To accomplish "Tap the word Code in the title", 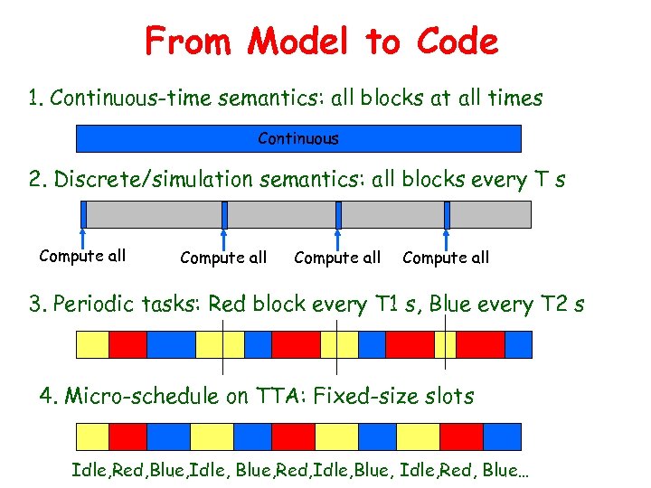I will click(458, 42).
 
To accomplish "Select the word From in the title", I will click(186, 42).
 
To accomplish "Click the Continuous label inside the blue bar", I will click(298, 138).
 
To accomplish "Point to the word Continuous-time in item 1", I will click(118, 98).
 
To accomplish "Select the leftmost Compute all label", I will click(82, 256).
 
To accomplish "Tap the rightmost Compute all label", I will click(446, 258).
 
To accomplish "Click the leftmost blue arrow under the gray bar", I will click(83, 230).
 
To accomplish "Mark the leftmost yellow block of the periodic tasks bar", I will click(91, 345).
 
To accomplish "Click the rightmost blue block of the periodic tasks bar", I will click(519, 345).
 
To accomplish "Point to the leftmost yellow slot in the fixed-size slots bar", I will click(91, 437).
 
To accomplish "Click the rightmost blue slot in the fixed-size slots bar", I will click(504, 437).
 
